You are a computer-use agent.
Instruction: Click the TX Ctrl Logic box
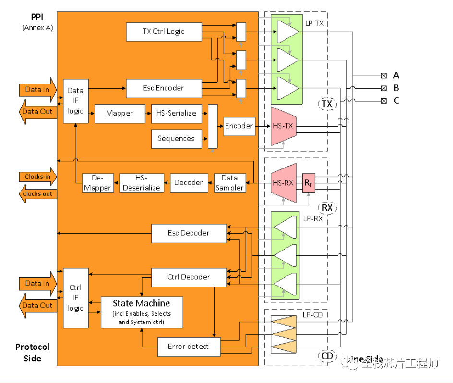163,31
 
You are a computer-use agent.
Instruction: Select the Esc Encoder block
163,88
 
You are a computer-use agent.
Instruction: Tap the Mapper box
119,113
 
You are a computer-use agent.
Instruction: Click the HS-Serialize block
176,113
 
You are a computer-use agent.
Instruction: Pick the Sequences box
176,138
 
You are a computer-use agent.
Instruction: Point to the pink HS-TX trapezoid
282,126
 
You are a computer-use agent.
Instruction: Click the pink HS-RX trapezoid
283,182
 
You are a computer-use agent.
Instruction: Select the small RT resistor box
308,183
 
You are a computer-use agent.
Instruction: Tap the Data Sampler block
229,183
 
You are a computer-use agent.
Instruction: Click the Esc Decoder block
188,233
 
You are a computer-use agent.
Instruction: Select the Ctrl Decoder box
188,277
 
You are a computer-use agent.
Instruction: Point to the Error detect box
189,346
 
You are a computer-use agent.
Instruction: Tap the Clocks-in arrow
37,177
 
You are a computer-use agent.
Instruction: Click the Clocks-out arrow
37,194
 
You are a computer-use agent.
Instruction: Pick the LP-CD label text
312,315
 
